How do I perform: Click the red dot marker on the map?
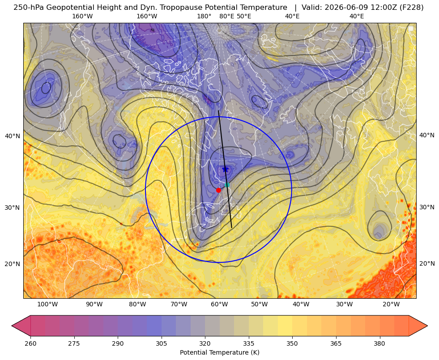pyautogui.click(x=218, y=190)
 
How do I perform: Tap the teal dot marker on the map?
pyautogui.click(x=227, y=185)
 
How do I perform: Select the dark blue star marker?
pyautogui.click(x=225, y=169)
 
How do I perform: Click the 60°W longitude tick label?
pyautogui.click(x=220, y=305)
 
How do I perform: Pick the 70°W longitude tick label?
pyautogui.click(x=179, y=305)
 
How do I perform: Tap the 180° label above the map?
pyautogui.click(x=204, y=16)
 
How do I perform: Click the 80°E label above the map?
pyautogui.click(x=226, y=16)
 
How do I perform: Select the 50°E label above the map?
pyautogui.click(x=244, y=16)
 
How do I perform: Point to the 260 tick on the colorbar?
pyautogui.click(x=30, y=343)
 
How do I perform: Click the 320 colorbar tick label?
pyautogui.click(x=205, y=343)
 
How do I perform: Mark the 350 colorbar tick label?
pyautogui.click(x=292, y=343)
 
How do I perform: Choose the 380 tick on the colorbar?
pyautogui.click(x=379, y=343)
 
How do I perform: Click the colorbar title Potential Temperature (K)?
pyautogui.click(x=219, y=352)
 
